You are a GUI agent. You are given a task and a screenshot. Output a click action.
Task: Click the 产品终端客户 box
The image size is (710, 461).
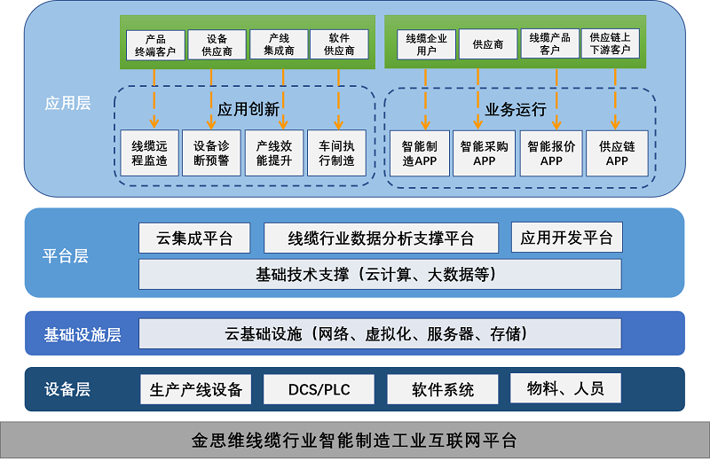point(154,45)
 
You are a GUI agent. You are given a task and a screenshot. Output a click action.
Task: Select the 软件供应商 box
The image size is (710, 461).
point(339,45)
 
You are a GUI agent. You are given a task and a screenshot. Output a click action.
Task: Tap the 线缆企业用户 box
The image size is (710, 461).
point(426,45)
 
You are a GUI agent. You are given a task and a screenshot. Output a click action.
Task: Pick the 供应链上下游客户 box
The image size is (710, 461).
point(610,44)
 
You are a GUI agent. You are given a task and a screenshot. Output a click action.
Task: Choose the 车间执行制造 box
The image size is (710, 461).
point(336,153)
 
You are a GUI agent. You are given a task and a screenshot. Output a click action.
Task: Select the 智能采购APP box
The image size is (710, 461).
point(484,153)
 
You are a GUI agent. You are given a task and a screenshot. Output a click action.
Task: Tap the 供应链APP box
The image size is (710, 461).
point(617,153)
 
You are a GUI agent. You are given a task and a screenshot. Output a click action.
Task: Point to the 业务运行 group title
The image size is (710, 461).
point(516,110)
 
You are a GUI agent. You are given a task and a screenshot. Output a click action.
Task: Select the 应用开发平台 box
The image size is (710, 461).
point(567,238)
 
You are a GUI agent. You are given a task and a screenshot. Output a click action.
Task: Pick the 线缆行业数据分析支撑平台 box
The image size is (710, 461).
point(381,238)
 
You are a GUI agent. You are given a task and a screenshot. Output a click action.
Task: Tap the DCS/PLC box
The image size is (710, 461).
point(319,389)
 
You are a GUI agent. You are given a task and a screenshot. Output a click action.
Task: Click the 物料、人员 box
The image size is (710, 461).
point(565,388)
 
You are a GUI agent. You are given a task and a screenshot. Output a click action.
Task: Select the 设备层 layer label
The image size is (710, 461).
point(67,389)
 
